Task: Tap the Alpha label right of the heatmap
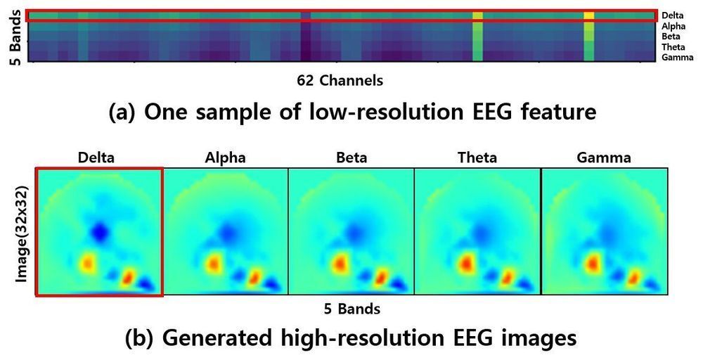(x=674, y=26)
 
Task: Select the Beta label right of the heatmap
(x=672, y=36)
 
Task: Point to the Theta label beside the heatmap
(x=674, y=46)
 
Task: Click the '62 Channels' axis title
(x=340, y=81)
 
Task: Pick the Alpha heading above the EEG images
(x=225, y=158)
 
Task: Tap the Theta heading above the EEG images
(x=477, y=158)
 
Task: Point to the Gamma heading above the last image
(x=603, y=158)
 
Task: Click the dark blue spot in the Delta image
(x=100, y=231)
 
